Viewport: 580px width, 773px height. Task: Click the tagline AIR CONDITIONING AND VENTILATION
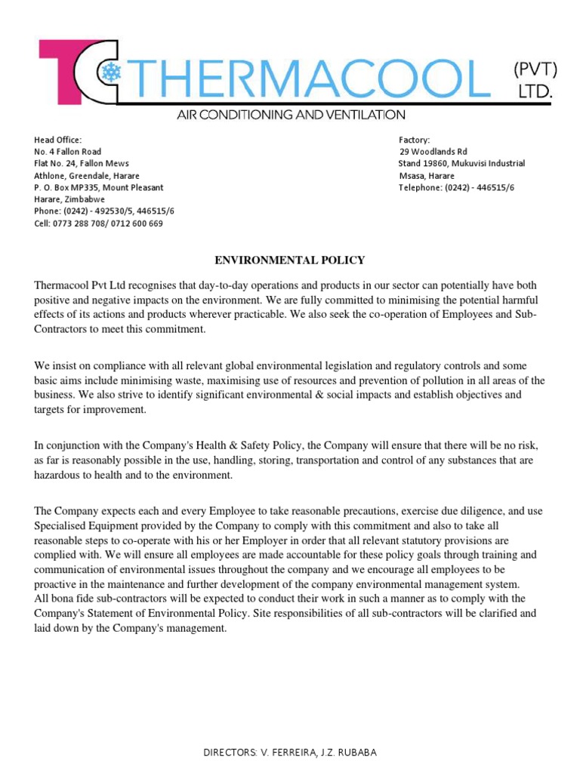291,115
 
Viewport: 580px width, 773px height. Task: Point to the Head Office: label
57,140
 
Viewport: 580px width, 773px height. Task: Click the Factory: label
414,140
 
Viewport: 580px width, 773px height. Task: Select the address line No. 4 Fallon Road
68,152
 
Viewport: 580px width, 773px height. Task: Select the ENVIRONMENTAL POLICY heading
290,260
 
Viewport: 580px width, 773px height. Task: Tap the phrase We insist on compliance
91,365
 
